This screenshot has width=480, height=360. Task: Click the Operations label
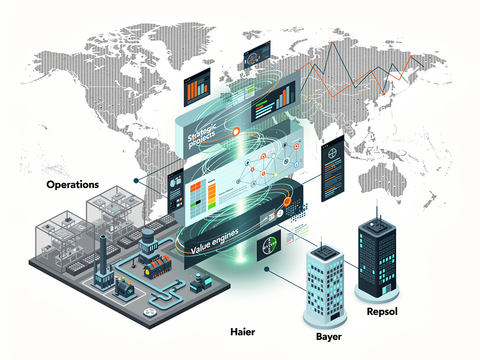73,184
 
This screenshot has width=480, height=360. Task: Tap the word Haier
243,332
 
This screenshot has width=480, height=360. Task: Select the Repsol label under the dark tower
382,311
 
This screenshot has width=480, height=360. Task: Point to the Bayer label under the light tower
328,337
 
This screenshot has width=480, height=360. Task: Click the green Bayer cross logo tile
269,245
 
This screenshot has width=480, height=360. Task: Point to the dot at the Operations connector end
135,180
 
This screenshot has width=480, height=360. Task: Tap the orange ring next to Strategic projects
236,132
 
